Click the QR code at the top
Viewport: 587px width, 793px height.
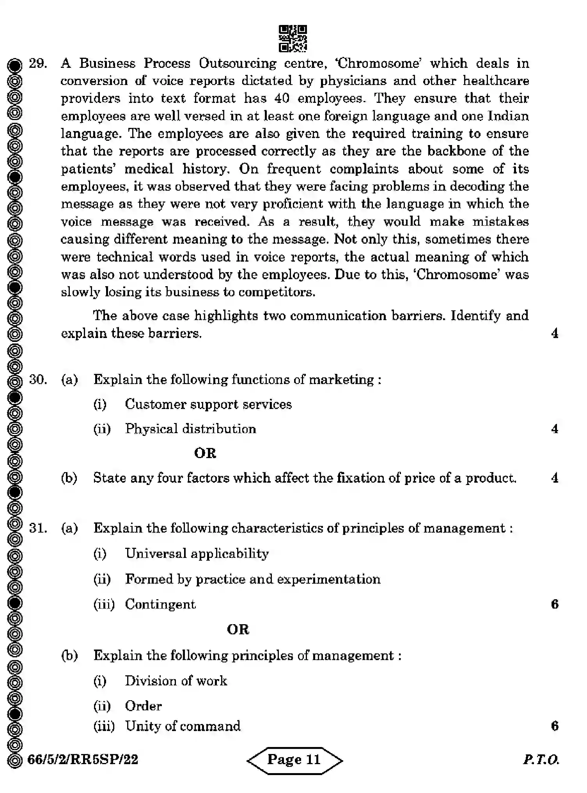coord(293,38)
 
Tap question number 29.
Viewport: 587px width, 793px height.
coord(38,63)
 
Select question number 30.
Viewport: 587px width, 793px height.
coord(38,379)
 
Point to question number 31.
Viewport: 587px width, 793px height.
coord(38,528)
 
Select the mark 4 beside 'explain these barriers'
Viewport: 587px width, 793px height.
coord(555,333)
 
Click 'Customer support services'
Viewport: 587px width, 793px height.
coord(208,404)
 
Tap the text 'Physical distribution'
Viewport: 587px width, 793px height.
coord(190,429)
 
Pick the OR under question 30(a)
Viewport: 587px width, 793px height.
coord(205,453)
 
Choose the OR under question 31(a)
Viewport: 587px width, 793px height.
coord(238,629)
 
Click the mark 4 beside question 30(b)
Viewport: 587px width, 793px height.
coord(555,478)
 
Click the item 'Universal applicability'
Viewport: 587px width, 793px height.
coord(197,554)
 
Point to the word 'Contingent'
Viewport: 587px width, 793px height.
coord(160,604)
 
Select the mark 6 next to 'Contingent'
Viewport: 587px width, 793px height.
coord(555,604)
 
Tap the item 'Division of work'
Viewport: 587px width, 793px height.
coord(176,681)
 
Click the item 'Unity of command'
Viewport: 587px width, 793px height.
coord(183,726)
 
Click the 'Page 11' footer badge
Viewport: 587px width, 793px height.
coord(294,759)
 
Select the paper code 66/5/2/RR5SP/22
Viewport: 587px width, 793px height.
coord(83,759)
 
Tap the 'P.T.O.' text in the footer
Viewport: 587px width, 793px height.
coord(541,759)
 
